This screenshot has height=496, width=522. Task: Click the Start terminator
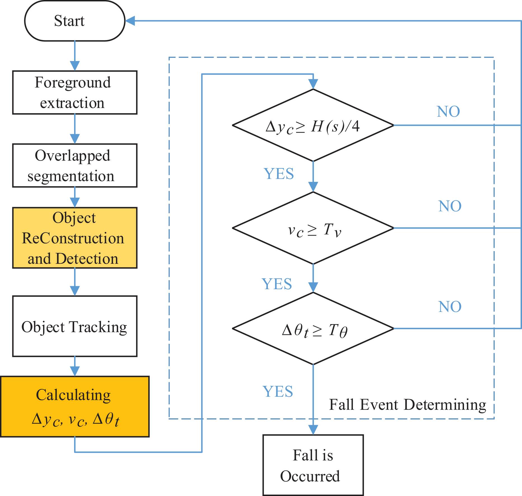(x=75, y=21)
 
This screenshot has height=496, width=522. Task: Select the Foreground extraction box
(x=75, y=92)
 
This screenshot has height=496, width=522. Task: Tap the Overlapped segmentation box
(x=75, y=166)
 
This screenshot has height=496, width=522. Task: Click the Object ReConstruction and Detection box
(x=75, y=238)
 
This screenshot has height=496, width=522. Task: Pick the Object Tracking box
(x=75, y=326)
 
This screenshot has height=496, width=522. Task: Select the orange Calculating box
(x=75, y=407)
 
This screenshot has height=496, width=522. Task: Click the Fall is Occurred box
(x=313, y=465)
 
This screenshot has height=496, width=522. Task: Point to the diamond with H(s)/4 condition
(x=313, y=125)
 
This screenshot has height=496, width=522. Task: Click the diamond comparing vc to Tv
(x=313, y=228)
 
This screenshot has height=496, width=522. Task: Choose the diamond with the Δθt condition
(x=313, y=328)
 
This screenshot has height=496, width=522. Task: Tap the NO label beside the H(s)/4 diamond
(x=448, y=112)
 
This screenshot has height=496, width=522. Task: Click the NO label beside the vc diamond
(x=450, y=206)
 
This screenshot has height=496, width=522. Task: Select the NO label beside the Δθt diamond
(x=450, y=307)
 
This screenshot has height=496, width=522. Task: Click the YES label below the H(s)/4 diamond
(x=279, y=174)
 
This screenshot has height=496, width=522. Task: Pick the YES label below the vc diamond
(x=277, y=284)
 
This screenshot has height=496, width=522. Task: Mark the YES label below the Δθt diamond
(x=278, y=391)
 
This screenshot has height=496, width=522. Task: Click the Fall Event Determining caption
(x=408, y=405)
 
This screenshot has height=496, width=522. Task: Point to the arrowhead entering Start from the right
(x=130, y=21)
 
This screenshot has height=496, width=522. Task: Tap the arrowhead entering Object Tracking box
(x=75, y=291)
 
